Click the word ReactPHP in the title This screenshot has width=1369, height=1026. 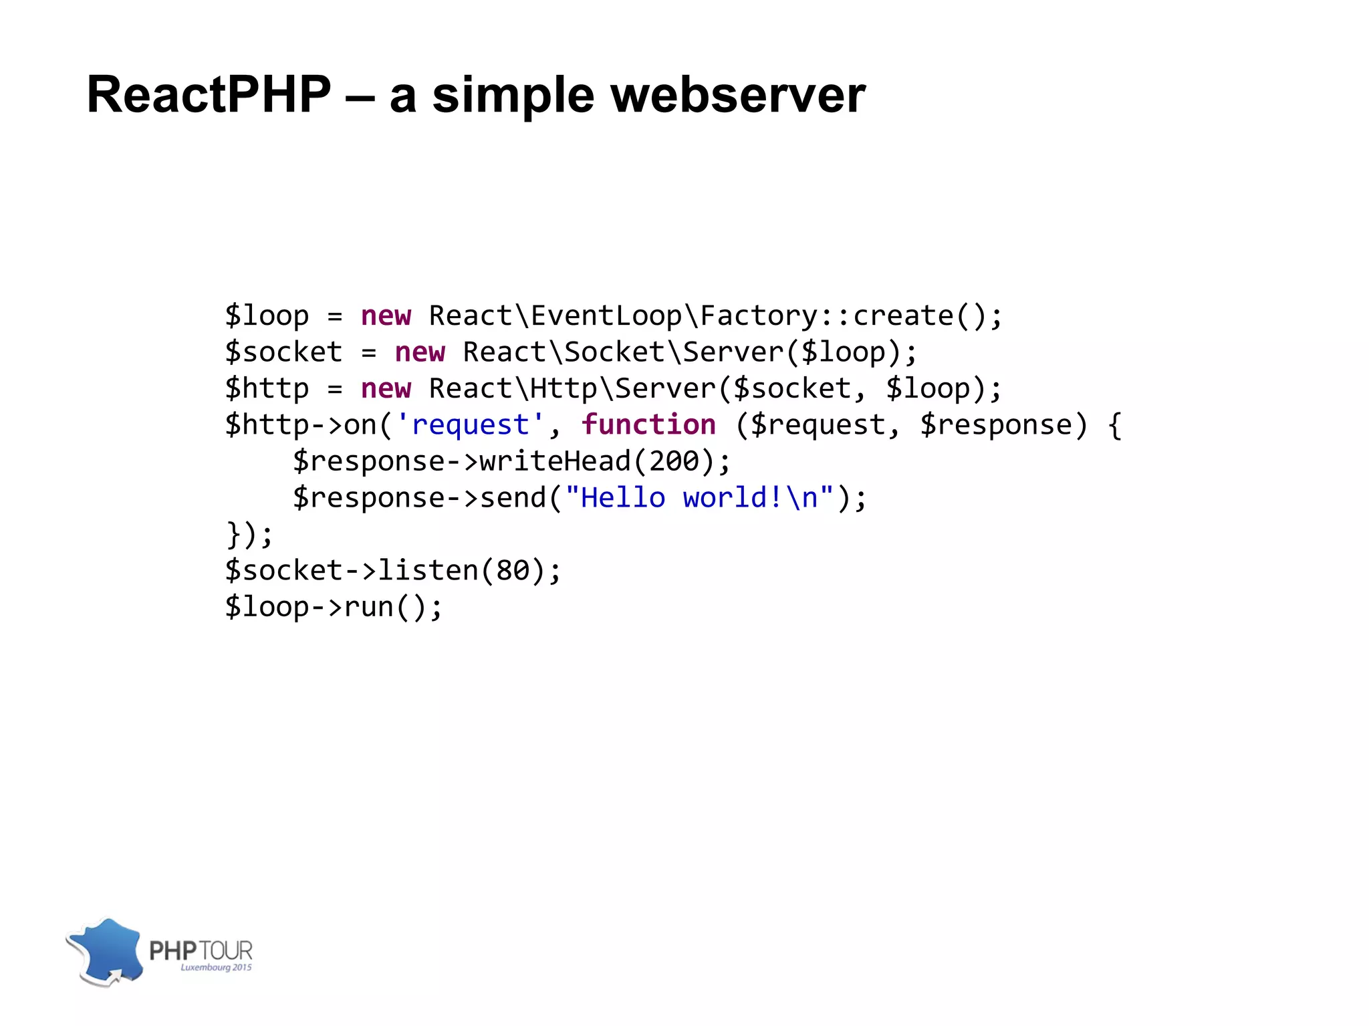pyautogui.click(x=209, y=95)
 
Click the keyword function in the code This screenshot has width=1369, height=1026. pyautogui.click(x=648, y=425)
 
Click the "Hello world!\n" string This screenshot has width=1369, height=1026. pyautogui.click(x=699, y=498)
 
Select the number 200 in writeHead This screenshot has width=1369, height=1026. pyautogui.click(x=674, y=461)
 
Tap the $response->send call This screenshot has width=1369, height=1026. pyautogui.click(x=420, y=498)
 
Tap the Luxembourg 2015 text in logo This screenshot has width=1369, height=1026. pyautogui.click(x=216, y=967)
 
